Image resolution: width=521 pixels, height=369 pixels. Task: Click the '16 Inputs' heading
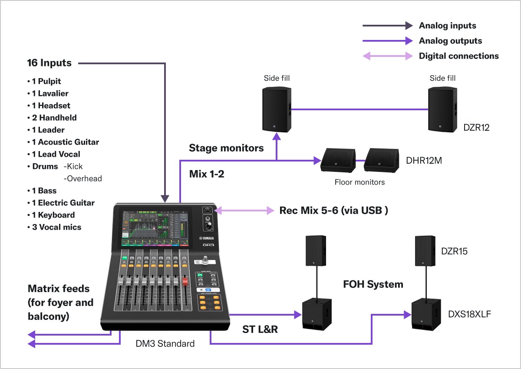tap(49, 63)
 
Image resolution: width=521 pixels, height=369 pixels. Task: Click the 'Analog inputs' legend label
tap(447, 26)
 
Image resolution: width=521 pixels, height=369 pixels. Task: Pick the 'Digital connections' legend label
tap(458, 56)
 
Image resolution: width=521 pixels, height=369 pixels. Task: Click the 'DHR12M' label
tap(424, 161)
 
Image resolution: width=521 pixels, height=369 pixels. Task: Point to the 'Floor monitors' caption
tap(359, 182)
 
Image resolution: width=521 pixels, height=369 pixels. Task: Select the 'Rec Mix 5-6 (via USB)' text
tap(333, 211)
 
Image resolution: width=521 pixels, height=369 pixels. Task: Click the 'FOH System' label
tap(373, 284)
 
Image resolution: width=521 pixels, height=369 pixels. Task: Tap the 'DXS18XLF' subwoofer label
tap(469, 314)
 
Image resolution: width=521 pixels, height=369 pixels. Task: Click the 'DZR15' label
tap(455, 251)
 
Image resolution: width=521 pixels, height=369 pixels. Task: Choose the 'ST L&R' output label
tap(260, 329)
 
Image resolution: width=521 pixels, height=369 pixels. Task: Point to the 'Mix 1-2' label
tap(207, 174)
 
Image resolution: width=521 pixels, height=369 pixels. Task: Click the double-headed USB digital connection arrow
tap(247, 211)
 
